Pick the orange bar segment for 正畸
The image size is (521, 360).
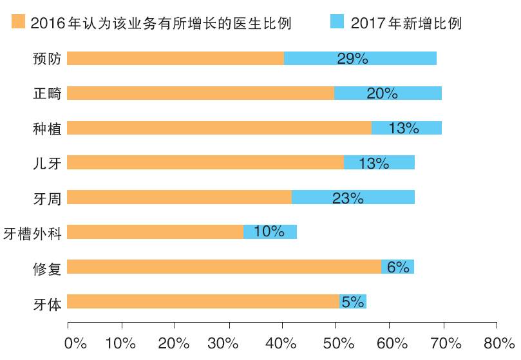200,93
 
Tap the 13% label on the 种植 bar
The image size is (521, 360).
404,128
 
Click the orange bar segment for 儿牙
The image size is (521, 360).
205,162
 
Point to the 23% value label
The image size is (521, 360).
348,198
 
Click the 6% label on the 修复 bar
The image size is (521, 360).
398,267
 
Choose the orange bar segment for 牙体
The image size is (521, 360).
203,301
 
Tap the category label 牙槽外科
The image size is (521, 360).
32,232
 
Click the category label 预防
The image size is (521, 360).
47,59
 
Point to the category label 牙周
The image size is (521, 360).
47,198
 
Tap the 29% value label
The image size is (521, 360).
352,59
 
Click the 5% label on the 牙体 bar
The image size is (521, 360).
353,301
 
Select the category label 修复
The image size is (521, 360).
47,267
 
